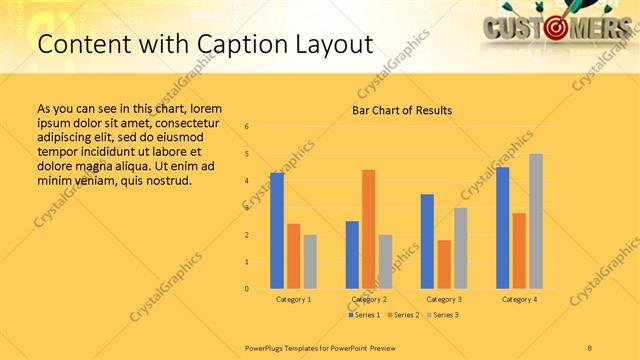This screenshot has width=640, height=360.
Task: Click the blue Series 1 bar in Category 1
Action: click(277, 231)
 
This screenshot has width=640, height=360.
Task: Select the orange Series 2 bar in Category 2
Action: click(368, 229)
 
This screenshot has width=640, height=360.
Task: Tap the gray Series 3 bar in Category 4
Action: click(536, 221)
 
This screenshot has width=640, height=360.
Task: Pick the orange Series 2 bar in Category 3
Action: click(444, 264)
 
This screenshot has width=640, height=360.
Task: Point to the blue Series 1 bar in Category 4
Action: click(503, 228)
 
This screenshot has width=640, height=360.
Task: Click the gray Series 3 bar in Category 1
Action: click(310, 262)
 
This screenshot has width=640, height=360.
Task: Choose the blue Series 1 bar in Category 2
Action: click(352, 255)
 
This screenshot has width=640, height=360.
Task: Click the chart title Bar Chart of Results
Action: click(402, 110)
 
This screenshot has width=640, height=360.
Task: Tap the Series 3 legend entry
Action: click(443, 315)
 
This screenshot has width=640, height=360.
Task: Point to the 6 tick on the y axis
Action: click(247, 127)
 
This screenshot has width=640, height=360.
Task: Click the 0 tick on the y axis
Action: click(247, 289)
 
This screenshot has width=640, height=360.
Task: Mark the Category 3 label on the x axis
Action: click(444, 299)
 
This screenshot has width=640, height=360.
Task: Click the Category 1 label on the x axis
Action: click(293, 299)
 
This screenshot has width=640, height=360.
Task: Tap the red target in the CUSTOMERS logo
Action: click(558, 28)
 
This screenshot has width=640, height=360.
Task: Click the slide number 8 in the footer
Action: click(589, 347)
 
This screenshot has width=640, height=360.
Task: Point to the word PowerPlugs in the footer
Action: click(265, 347)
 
